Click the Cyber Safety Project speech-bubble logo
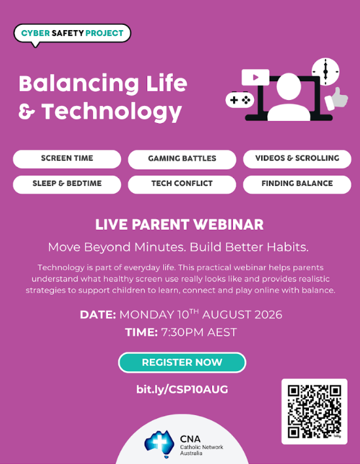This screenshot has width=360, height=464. [72, 33]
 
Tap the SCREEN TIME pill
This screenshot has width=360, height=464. [67, 159]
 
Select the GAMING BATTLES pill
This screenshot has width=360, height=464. [182, 160]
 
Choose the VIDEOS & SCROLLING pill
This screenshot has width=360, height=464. [297, 159]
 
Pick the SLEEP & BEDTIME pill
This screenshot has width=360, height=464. [67, 185]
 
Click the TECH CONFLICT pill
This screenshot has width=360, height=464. [182, 185]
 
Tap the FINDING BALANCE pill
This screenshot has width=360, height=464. [297, 185]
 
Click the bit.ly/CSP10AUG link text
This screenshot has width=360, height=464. [182, 389]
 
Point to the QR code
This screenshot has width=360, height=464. [314, 412]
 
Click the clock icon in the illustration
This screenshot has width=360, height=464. [325, 72]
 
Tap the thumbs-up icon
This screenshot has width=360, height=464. [336, 99]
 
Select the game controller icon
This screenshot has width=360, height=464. [240, 100]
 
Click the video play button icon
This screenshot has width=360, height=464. [255, 77]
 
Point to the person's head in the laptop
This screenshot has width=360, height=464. [289, 87]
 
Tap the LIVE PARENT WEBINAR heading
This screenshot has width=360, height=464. [179, 224]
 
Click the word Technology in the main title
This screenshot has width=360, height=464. [112, 112]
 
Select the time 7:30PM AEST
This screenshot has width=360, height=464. [199, 332]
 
